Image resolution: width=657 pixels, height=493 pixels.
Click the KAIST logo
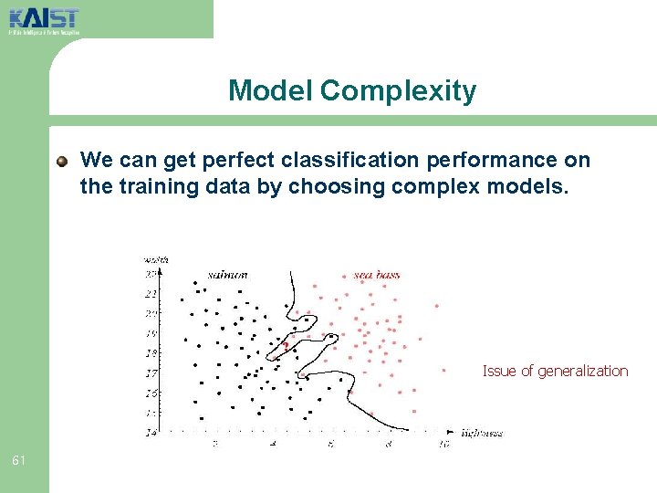click(44, 19)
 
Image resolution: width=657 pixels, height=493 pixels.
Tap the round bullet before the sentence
click(62, 162)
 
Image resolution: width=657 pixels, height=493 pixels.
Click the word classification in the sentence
click(349, 161)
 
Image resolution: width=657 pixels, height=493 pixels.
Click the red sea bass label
click(376, 274)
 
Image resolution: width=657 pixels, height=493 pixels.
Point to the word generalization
click(583, 371)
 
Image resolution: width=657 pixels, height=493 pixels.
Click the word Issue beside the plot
click(499, 371)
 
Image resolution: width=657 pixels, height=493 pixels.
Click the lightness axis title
click(482, 433)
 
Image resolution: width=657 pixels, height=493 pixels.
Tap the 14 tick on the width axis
click(151, 432)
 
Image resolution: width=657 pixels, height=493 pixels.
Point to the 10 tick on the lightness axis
click(443, 444)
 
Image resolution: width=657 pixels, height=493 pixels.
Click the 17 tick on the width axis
click(151, 373)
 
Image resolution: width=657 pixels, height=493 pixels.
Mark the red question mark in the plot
click(287, 345)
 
